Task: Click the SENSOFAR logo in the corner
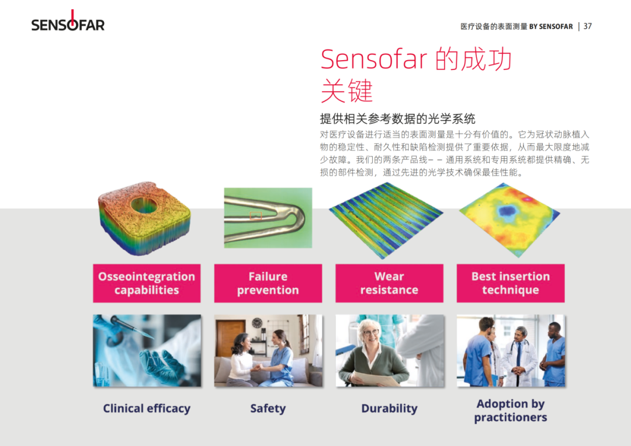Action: click(x=68, y=22)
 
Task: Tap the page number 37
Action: click(x=588, y=26)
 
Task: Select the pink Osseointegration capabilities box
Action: click(x=147, y=283)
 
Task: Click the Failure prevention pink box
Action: click(x=268, y=283)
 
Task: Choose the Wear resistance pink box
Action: click(x=389, y=283)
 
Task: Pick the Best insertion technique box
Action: click(x=511, y=283)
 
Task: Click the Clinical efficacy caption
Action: click(x=147, y=408)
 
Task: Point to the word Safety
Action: click(x=268, y=408)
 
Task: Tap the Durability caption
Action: click(x=389, y=408)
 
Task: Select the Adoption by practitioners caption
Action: click(x=511, y=410)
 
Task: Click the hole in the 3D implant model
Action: click(x=144, y=205)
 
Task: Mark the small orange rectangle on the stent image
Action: click(x=256, y=216)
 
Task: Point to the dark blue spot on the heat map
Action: click(x=508, y=210)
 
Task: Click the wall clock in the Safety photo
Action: click(x=257, y=323)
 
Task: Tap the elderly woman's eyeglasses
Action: click(x=370, y=333)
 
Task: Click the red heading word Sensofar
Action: click(x=374, y=59)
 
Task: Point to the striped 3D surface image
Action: click(x=386, y=220)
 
